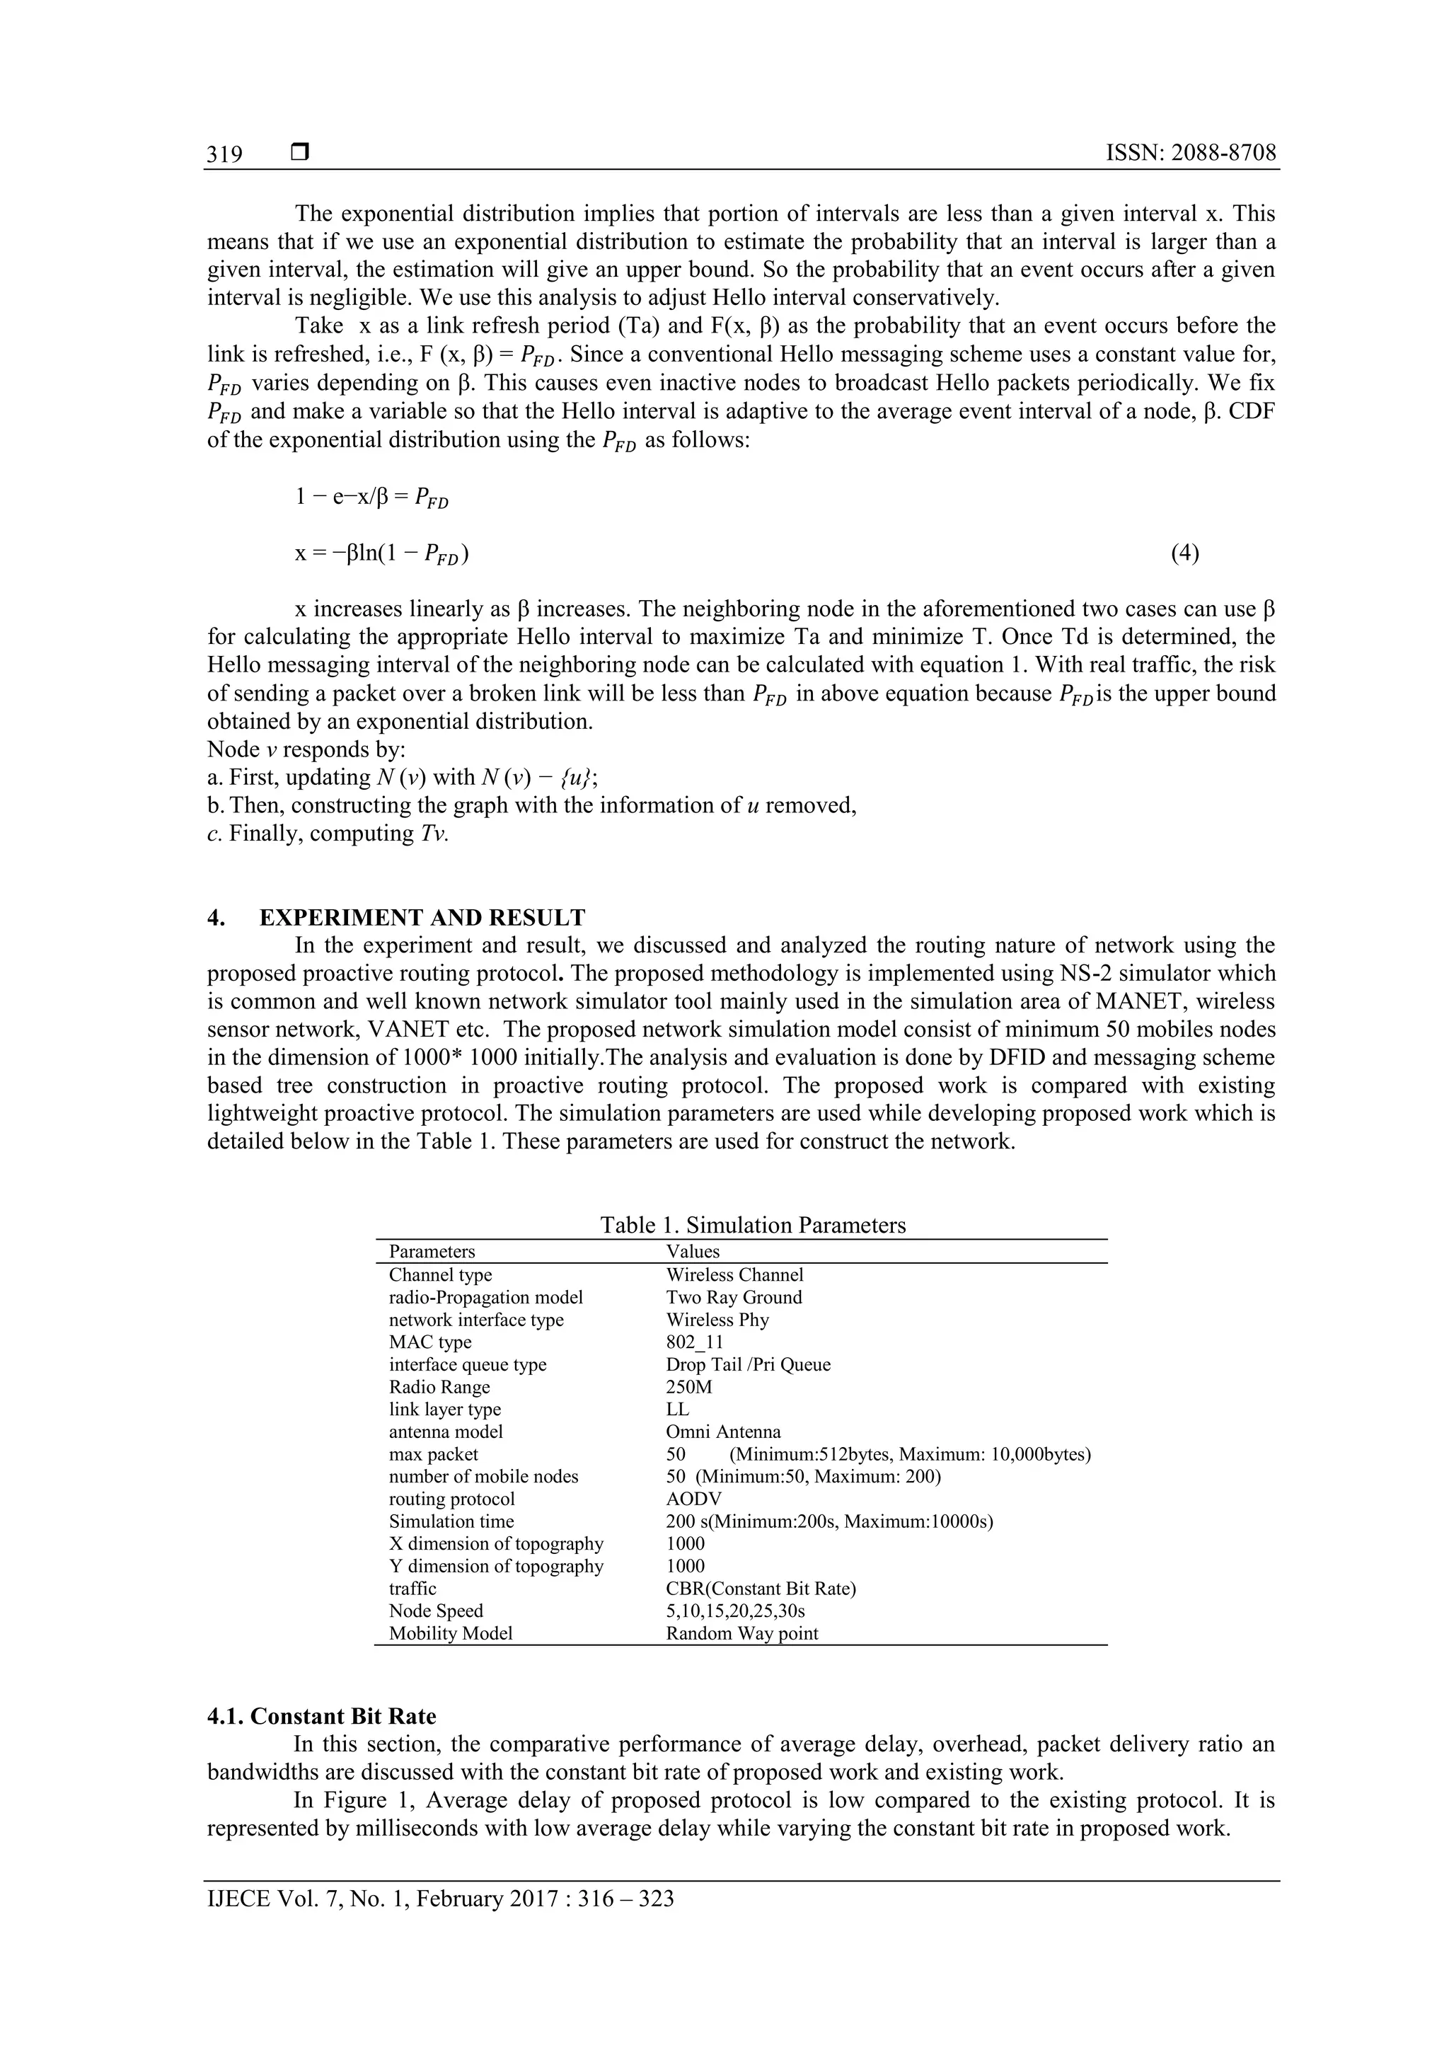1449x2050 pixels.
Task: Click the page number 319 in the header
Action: pos(224,154)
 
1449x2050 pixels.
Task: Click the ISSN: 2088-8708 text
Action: pos(1190,153)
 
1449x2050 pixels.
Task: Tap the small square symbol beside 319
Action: pos(300,153)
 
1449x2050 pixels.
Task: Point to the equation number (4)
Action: pos(1184,553)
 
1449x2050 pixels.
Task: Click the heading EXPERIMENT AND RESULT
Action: pos(422,917)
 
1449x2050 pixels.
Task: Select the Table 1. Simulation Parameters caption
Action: pos(753,1224)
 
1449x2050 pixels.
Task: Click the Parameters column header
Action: pos(432,1251)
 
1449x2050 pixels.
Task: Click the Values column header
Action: pos(692,1251)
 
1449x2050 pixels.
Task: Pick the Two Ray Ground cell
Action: pos(734,1296)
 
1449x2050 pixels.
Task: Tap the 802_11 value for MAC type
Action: pos(695,1341)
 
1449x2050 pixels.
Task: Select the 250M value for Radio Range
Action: pos(688,1387)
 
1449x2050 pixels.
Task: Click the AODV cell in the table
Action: pos(693,1498)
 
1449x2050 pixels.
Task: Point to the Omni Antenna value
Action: pos(722,1432)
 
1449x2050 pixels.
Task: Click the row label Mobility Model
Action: pos(451,1633)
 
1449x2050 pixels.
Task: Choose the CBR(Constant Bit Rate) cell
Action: pos(761,1589)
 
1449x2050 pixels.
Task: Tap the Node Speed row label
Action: pos(436,1611)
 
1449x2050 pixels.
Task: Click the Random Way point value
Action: pos(742,1633)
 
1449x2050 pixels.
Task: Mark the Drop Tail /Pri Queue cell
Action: pos(748,1364)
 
